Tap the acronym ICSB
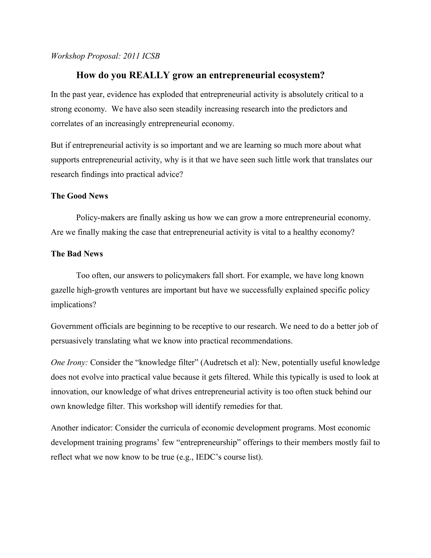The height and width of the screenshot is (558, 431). pyautogui.click(x=151, y=56)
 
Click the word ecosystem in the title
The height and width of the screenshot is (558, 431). pyautogui.click(x=300, y=75)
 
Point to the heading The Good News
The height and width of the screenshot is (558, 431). pyautogui.click(x=79, y=196)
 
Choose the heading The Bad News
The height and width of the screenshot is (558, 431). pyautogui.click(x=77, y=254)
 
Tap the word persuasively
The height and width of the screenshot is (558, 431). pyautogui.click(x=72, y=341)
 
